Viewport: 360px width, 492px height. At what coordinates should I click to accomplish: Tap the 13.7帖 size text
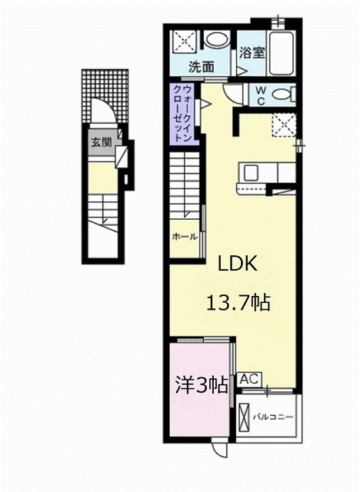237,302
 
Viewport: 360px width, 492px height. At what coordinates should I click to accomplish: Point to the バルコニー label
272,418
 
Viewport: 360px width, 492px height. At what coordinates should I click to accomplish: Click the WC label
259,96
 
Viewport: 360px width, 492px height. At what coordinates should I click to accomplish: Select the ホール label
183,237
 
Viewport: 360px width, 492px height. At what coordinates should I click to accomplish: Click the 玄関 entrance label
100,142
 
